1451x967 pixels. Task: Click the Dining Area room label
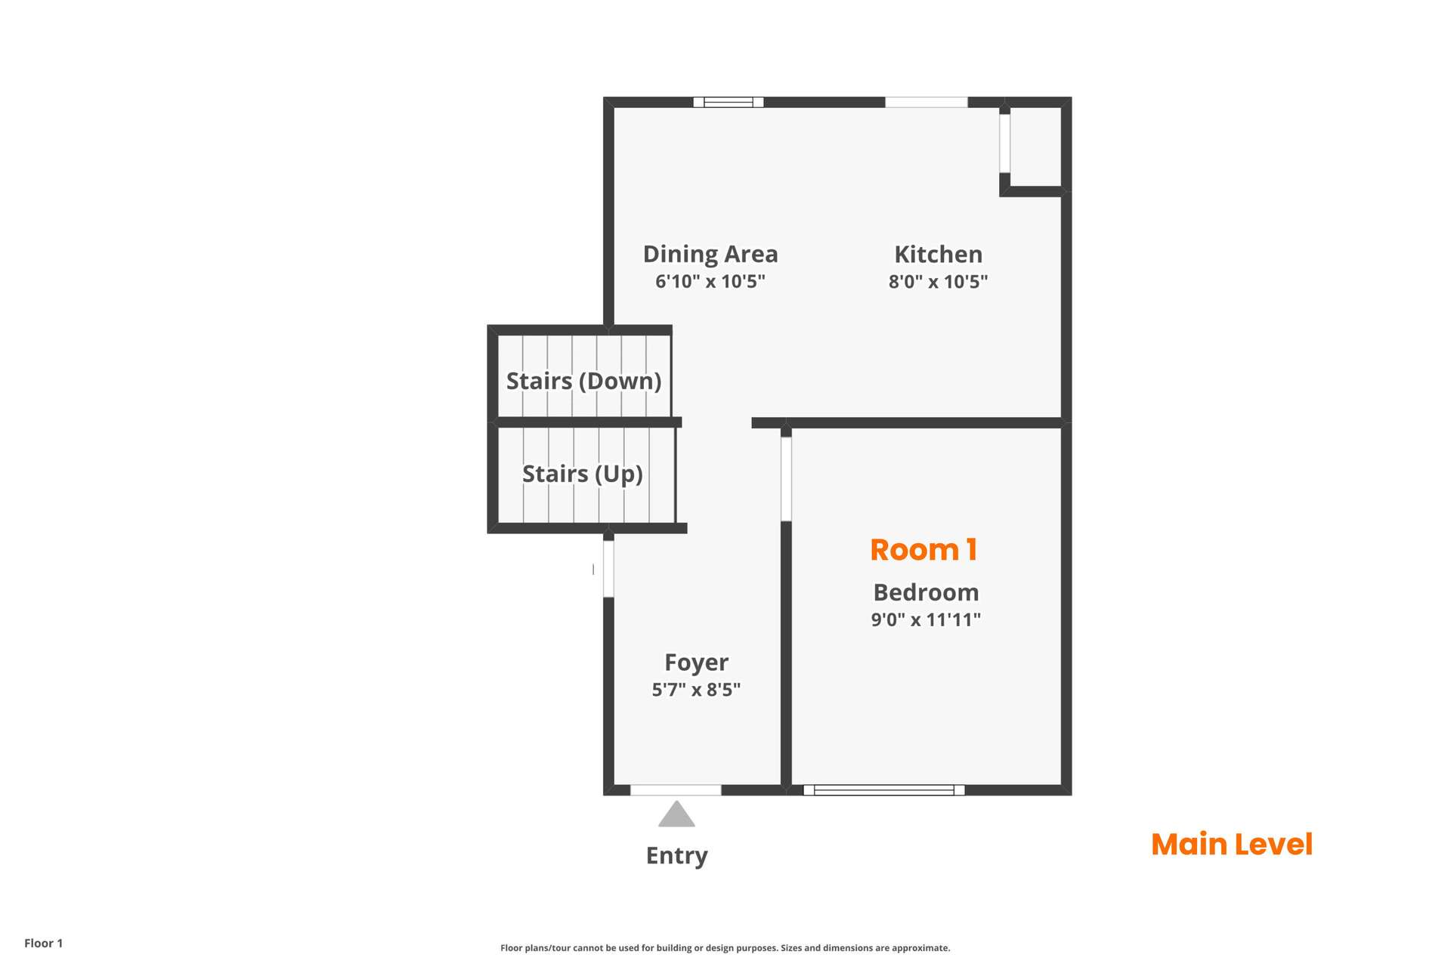pyautogui.click(x=710, y=254)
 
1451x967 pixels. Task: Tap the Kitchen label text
pyautogui.click(x=939, y=254)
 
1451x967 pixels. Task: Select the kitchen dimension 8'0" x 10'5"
pyautogui.click(x=938, y=282)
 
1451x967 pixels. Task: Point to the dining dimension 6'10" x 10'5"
pyautogui.click(x=710, y=282)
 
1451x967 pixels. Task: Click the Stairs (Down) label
pyautogui.click(x=583, y=381)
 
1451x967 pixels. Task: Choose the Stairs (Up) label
pyautogui.click(x=583, y=474)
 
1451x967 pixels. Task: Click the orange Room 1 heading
pyautogui.click(x=924, y=550)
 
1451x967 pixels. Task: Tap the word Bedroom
pyautogui.click(x=926, y=592)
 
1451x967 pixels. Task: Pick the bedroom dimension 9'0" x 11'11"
pyautogui.click(x=926, y=619)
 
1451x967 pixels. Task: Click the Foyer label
pyautogui.click(x=696, y=663)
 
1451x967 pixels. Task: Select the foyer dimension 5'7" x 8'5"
pyautogui.click(x=696, y=689)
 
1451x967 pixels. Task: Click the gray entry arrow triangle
pyautogui.click(x=676, y=814)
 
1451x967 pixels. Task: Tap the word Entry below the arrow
pyautogui.click(x=676, y=856)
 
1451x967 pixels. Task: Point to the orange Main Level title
pyautogui.click(x=1232, y=845)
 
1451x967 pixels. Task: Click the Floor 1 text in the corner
pyautogui.click(x=44, y=943)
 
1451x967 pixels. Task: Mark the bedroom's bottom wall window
pyautogui.click(x=884, y=790)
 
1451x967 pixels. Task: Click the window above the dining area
pyautogui.click(x=729, y=102)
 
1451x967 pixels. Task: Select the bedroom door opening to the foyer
pyautogui.click(x=786, y=479)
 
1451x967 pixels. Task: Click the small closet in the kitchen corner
pyautogui.click(x=1035, y=147)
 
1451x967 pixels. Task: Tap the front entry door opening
pyautogui.click(x=676, y=790)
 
